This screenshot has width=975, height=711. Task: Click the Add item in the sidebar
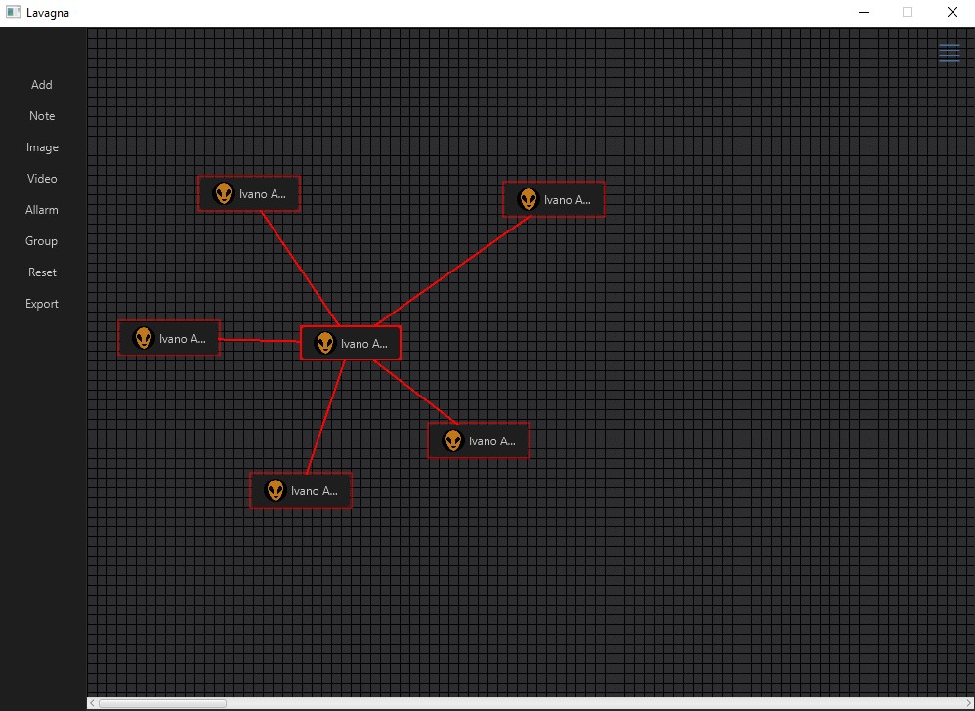tap(42, 85)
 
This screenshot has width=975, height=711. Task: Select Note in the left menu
tap(42, 116)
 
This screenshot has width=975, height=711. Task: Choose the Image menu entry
tap(42, 147)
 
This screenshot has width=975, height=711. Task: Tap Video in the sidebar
tap(42, 179)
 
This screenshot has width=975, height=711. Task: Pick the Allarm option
tap(42, 210)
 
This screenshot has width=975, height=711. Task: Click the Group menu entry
tap(42, 241)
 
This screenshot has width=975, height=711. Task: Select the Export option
tap(42, 304)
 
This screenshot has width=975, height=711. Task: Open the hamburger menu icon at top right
tap(949, 52)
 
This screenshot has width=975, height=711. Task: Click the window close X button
tap(952, 12)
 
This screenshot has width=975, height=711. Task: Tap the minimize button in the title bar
tap(863, 13)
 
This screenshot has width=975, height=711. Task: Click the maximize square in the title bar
tap(908, 12)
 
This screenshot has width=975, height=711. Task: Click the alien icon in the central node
tap(324, 343)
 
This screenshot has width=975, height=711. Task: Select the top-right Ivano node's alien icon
tap(528, 199)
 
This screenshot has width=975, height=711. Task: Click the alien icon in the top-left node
tap(223, 193)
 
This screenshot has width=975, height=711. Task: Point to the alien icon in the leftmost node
tap(143, 338)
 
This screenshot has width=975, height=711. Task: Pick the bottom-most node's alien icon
tap(275, 490)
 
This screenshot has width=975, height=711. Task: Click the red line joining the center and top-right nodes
tap(452, 271)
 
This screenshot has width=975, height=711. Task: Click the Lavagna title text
tap(48, 13)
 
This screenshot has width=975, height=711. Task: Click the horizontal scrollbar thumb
tap(162, 703)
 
